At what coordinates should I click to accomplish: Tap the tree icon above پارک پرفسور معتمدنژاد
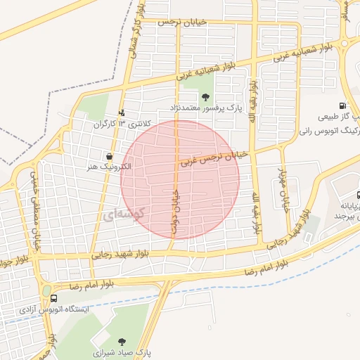(205, 98)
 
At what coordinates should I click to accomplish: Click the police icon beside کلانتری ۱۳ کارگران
(122, 112)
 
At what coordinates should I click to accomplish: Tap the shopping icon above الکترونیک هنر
(109, 156)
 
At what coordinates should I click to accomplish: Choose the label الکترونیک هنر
(110, 167)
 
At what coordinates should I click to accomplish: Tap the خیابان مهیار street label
(283, 184)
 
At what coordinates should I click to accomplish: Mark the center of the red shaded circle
(180, 179)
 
